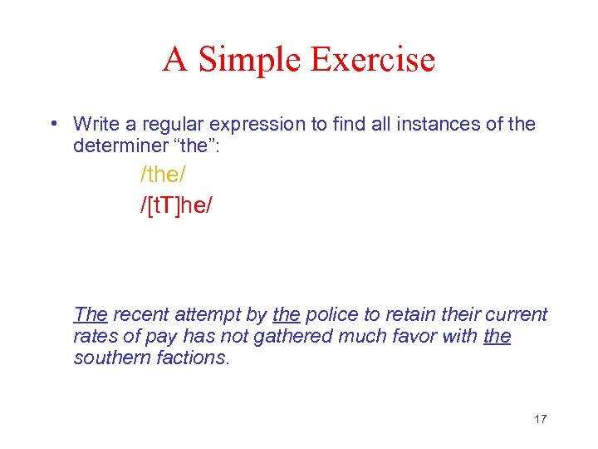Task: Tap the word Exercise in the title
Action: click(372, 60)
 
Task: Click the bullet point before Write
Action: click(52, 125)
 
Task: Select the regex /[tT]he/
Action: click(176, 205)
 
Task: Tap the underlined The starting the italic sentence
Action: click(91, 314)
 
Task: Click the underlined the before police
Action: click(286, 314)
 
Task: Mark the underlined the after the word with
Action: click(497, 336)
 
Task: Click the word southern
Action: click(110, 358)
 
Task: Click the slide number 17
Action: click(540, 419)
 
